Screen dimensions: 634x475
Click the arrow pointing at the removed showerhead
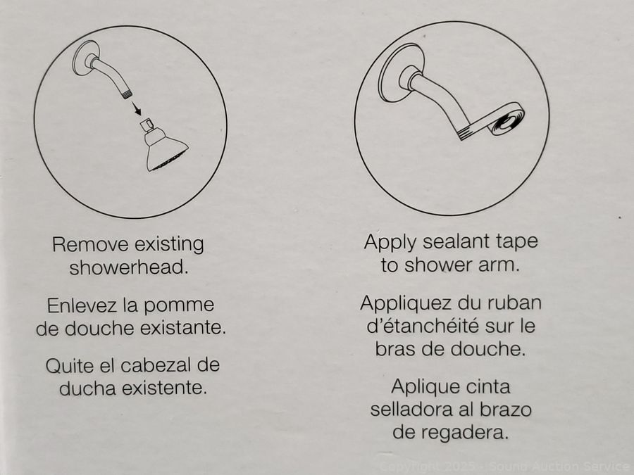pos(136,108)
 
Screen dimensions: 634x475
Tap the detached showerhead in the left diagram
pos(165,146)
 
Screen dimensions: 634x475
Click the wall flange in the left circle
pos(86,58)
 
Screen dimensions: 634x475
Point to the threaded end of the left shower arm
pos(126,94)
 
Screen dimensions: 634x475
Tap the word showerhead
pos(129,268)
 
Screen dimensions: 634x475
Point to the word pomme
pos(179,306)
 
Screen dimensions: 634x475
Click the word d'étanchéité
pos(423,326)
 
